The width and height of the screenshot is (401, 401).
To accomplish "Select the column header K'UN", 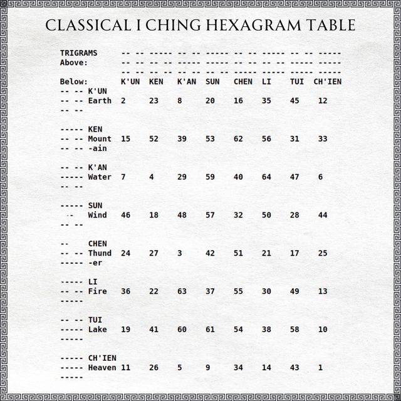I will click(x=130, y=81).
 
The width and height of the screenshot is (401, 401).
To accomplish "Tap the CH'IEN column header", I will click(x=327, y=81).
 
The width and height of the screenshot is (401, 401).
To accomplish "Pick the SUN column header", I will click(x=212, y=81).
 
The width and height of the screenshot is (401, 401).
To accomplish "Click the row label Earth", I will click(x=100, y=101).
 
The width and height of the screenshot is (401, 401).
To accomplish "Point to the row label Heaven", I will click(x=102, y=368).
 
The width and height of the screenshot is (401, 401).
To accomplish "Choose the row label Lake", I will click(x=97, y=330).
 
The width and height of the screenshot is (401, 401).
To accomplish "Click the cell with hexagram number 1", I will click(x=320, y=368).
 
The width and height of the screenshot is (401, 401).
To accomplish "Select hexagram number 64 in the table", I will click(x=266, y=177).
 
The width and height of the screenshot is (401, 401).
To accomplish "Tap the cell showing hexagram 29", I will click(x=182, y=177).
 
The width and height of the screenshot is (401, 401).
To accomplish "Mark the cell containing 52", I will click(x=154, y=139).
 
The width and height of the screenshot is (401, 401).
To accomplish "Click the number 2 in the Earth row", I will click(x=123, y=101).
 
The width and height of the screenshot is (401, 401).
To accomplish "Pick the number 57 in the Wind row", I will click(x=210, y=216).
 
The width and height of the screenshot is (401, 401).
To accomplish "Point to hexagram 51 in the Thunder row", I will click(x=238, y=254).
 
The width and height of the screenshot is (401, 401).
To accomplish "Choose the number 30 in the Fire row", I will click(x=266, y=291).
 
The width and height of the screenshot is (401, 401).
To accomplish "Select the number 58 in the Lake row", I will click(x=294, y=330).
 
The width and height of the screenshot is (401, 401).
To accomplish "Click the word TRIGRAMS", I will click(x=78, y=53).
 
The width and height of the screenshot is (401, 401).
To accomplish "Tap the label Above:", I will click(x=74, y=63).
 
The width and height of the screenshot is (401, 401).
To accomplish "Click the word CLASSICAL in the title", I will click(x=84, y=26).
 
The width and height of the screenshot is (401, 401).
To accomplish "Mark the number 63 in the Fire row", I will click(x=182, y=291).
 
